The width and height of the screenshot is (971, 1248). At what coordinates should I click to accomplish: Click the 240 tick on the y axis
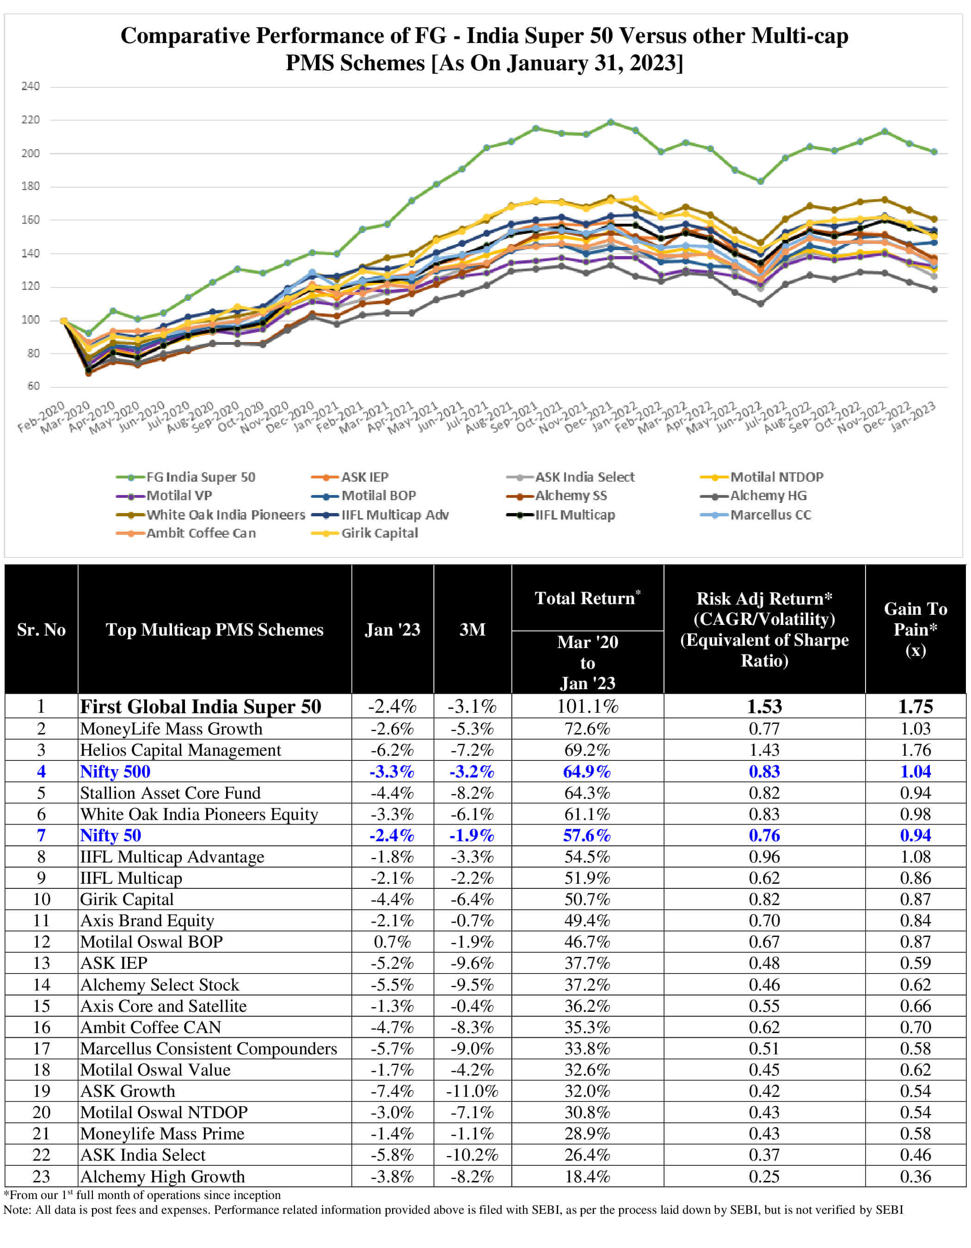[31, 86]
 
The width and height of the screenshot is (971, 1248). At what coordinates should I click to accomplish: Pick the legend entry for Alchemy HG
[768, 496]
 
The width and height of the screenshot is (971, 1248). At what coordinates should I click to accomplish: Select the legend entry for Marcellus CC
[770, 515]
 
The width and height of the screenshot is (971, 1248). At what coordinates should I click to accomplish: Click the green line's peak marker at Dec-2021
[610, 122]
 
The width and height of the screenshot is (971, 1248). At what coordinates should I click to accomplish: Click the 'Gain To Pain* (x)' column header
[915, 629]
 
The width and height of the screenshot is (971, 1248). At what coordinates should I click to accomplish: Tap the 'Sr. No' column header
[41, 630]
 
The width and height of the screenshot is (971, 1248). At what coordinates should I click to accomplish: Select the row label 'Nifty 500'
[115, 771]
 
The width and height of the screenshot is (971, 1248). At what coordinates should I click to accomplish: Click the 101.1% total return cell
[588, 707]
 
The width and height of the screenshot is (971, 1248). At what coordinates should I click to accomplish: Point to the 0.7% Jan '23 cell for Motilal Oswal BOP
[392, 942]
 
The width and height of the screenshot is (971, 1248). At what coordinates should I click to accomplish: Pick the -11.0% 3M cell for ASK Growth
[472, 1091]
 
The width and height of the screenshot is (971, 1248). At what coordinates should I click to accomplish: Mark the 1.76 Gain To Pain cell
[915, 750]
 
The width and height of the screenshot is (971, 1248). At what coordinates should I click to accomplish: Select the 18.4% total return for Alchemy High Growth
[588, 1176]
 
